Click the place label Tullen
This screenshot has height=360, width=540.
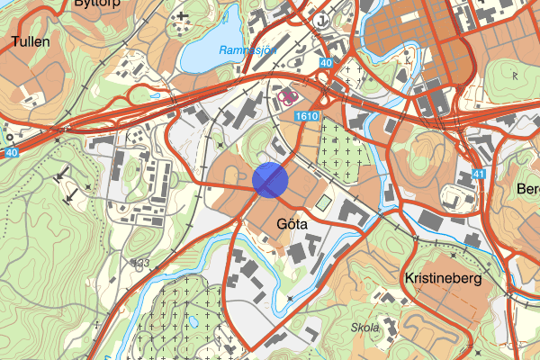click(30, 41)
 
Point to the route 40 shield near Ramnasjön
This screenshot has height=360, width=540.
click(325, 63)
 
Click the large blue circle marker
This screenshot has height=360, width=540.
click(270, 179)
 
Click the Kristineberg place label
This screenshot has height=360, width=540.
click(444, 279)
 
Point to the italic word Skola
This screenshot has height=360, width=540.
click(367, 328)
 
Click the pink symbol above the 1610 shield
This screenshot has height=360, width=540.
click(288, 94)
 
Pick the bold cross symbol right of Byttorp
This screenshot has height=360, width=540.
click(184, 15)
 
